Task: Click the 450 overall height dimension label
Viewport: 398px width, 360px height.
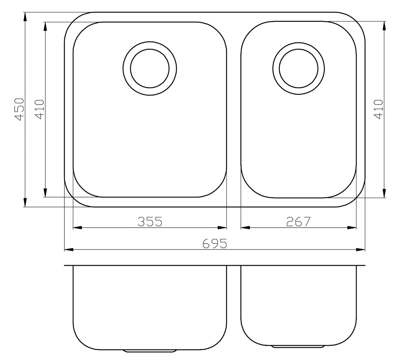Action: point(20,109)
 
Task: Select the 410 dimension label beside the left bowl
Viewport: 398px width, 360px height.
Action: point(39,109)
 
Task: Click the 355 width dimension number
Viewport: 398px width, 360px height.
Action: point(150,222)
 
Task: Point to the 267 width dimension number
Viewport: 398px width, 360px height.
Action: point(298,222)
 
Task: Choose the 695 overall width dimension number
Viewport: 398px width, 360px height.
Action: point(215,244)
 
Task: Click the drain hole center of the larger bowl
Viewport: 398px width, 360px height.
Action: point(150,68)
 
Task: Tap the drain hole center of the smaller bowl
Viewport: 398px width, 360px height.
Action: point(298,68)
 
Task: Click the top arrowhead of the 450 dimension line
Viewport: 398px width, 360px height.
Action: point(25,17)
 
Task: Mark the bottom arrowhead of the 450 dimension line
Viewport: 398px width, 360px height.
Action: point(25,202)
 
